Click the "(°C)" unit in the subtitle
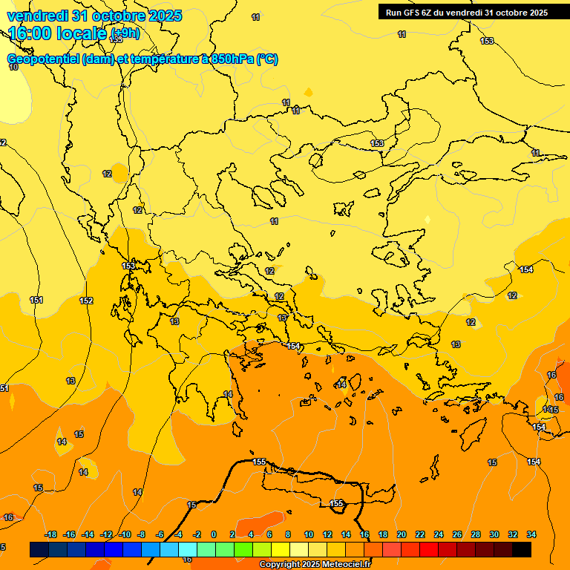pos(267,59)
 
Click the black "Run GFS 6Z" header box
pos(466,12)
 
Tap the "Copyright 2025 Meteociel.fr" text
pos(315,565)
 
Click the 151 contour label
pos(36,300)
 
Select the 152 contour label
pos(86,301)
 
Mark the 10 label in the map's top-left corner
pos(13,67)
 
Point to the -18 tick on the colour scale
pos(50,534)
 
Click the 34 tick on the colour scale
pos(531,534)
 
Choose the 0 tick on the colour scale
pos(214,534)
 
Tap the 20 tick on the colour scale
pos(402,534)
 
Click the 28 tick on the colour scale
pos(476,534)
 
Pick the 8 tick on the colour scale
pos(288,534)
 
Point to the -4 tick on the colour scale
pos(178,534)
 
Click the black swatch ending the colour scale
pos(522,549)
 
